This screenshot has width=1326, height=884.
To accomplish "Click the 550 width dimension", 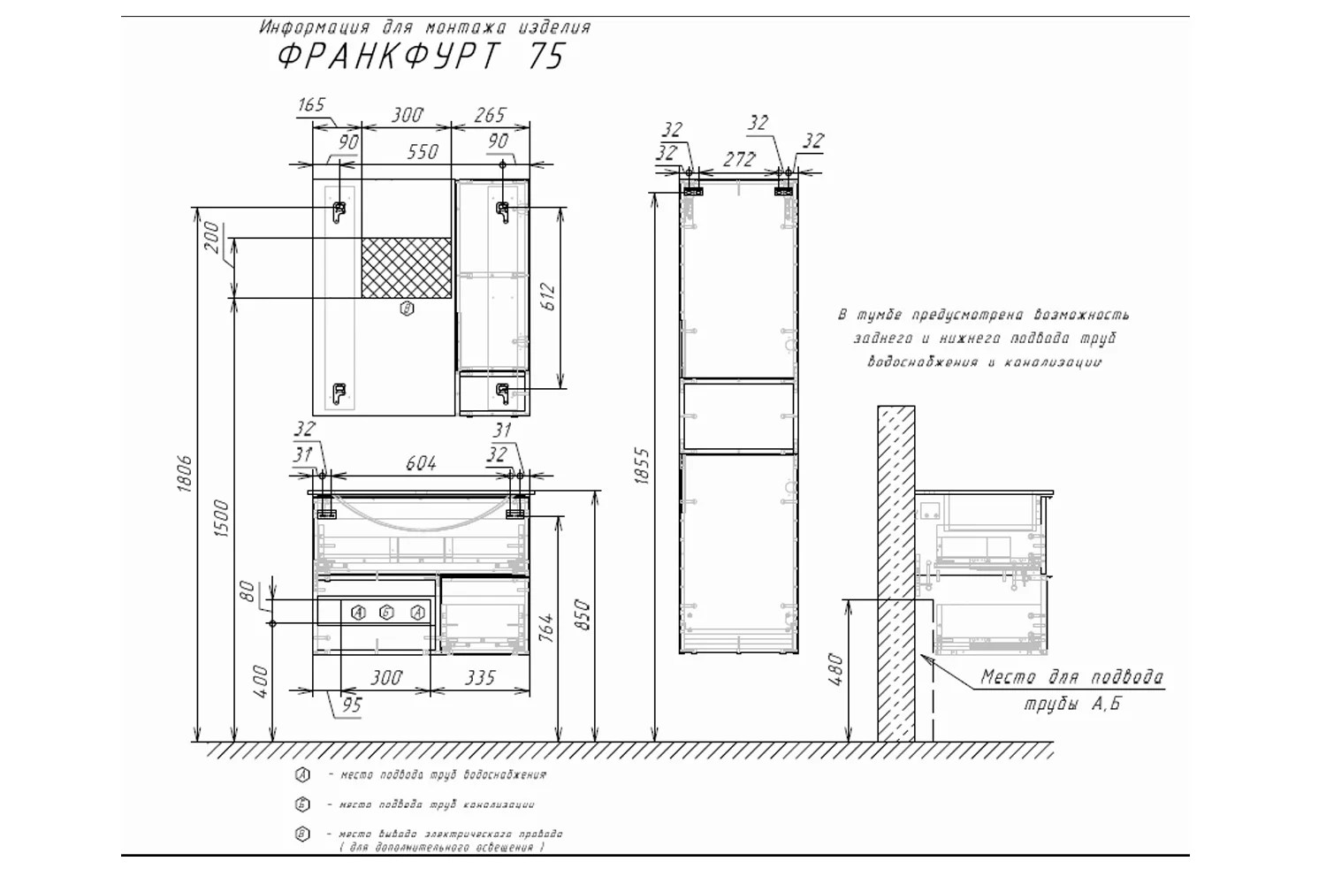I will click(423, 152).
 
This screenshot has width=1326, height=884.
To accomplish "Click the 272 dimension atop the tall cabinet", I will click(738, 159).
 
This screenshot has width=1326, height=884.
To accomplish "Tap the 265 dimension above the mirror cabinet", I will click(489, 115).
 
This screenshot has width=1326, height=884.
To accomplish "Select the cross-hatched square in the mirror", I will click(406, 268).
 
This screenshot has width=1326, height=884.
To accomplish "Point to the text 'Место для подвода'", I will click(1071, 678).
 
